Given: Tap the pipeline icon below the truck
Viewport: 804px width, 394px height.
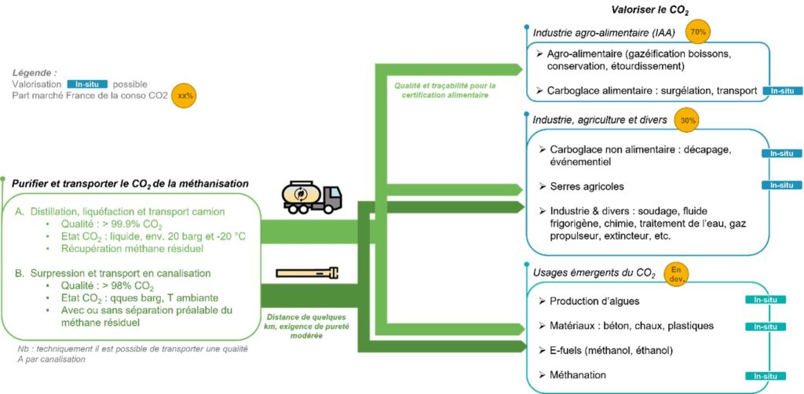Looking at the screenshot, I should point(307,273).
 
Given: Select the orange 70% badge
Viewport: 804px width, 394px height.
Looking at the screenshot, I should point(696,32).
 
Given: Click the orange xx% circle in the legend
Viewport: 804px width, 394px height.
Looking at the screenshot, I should point(185,95).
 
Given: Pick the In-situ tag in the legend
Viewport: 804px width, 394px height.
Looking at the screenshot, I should point(86,84).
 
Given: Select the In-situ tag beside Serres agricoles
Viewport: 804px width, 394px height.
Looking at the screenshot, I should point(782,185).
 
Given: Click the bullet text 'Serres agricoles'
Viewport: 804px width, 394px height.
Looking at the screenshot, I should point(587,187).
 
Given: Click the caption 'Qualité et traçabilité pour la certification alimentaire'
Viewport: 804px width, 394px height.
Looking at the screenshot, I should point(440,89).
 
